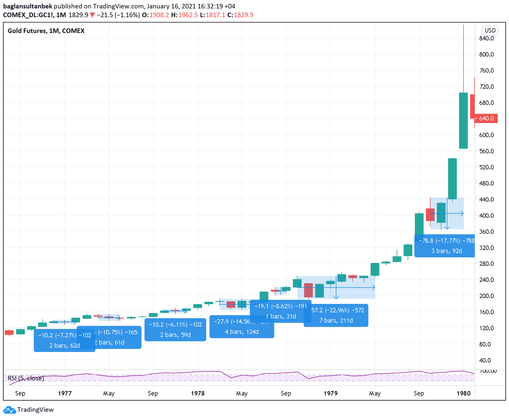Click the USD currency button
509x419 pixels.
[490, 31]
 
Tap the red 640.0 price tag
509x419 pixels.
[487, 119]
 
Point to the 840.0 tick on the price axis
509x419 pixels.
[487, 38]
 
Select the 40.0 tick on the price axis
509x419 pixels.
[487, 360]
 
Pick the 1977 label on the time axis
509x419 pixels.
[64, 393]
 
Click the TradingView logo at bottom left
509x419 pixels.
[28, 410]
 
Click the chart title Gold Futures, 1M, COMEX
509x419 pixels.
[46, 31]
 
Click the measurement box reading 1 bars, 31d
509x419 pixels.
[281, 311]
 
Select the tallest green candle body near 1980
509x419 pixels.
[463, 120]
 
